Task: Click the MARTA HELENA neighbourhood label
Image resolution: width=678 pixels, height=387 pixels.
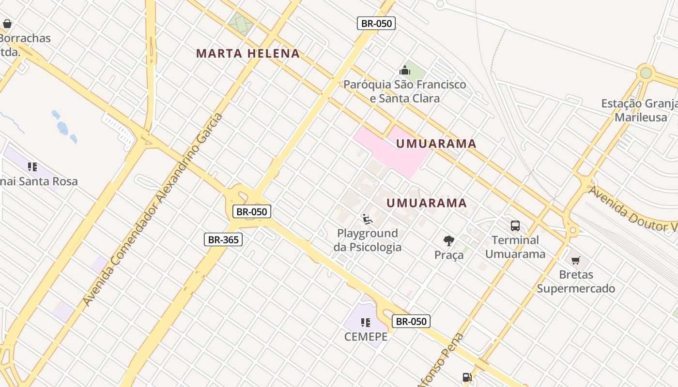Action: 248,54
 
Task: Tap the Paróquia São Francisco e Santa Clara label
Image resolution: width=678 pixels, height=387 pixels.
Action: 405,91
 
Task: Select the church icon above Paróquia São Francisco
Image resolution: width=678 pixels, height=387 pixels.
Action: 405,71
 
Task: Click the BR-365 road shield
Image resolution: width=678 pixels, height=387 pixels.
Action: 223,239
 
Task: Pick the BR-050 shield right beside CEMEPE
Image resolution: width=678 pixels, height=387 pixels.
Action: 411,321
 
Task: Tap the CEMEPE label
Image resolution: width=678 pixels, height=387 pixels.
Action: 366,337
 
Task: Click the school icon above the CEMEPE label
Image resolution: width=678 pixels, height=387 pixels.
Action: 366,322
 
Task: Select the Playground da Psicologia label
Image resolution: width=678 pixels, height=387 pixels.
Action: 368,240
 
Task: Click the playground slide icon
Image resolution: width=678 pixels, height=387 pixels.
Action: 368,219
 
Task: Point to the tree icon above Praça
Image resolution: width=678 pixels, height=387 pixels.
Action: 449,240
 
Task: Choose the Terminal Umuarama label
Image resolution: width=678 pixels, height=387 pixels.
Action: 515,247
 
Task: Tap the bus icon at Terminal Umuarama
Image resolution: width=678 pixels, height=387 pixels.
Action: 515,225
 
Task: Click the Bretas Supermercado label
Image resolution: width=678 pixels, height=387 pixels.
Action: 576,282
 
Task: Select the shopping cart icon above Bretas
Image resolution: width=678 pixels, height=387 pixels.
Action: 576,261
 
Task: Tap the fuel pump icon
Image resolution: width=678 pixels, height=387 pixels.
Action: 467,377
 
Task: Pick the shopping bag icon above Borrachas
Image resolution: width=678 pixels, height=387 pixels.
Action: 7,23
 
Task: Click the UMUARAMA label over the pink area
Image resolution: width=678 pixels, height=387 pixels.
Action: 436,144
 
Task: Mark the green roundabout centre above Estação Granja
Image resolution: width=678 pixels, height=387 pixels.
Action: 646,73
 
